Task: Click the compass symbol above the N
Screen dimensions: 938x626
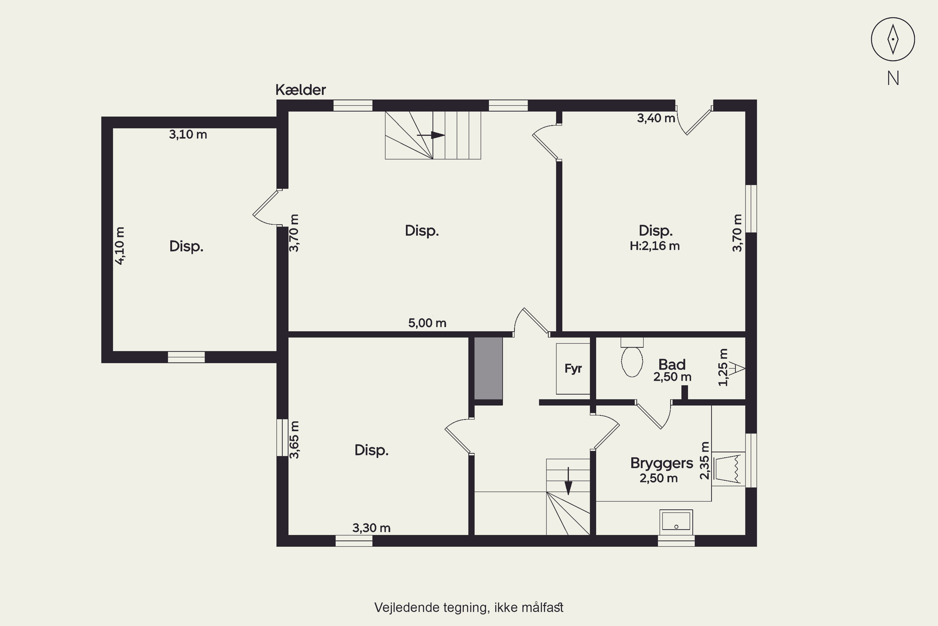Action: tap(893, 39)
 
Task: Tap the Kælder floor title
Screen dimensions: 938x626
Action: tap(301, 90)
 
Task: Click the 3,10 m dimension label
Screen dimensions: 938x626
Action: tap(188, 135)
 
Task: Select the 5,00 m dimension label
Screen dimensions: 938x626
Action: tap(427, 323)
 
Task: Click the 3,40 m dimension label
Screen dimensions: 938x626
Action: tap(656, 118)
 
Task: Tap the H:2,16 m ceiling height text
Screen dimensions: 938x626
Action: tap(654, 246)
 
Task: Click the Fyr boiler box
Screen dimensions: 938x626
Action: tap(573, 368)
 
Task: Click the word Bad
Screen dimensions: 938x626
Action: tap(672, 365)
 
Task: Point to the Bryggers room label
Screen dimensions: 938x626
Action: tap(662, 463)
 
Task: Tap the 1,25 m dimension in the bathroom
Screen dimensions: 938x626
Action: tap(723, 367)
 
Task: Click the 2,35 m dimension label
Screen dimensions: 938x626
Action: tap(705, 460)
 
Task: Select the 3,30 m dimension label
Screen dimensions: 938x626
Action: tap(371, 528)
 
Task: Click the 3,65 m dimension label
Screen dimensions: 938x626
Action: tap(294, 439)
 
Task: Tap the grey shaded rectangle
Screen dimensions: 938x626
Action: tap(488, 368)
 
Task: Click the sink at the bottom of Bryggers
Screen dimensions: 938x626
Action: tap(676, 522)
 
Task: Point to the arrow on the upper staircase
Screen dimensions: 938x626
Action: tap(431, 135)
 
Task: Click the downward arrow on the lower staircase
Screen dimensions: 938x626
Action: tap(568, 481)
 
